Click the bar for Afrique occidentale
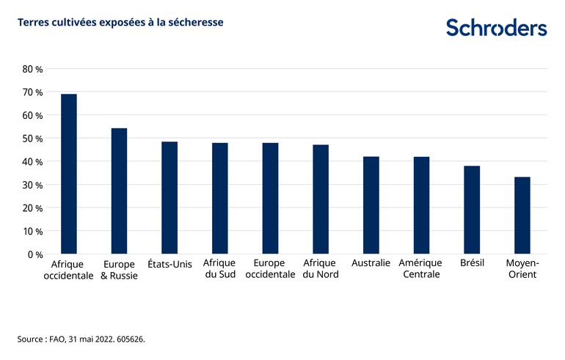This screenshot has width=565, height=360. pos(69,175)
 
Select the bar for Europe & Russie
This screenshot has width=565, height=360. pos(119,191)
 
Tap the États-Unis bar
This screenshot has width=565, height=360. pos(169,198)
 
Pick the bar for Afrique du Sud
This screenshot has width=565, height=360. pos(219,199)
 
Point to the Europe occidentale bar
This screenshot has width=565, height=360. pos(270,199)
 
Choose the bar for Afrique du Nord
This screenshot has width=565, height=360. pos(321,199)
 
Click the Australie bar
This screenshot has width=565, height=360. pos(371,205)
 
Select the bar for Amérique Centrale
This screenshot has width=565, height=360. pos(421,205)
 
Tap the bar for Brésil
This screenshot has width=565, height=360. pos(472,210)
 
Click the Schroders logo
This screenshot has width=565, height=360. pos(497,28)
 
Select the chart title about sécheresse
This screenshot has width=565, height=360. pos(120,23)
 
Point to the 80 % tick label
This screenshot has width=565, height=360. pos(33,70)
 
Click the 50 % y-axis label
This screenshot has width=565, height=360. pos(33,139)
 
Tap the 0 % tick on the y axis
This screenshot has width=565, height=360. pos(35,254)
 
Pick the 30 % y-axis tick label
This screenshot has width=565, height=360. pos(33,185)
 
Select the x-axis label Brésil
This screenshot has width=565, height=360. pos(472,263)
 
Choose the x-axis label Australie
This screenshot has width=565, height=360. pos(371,263)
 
